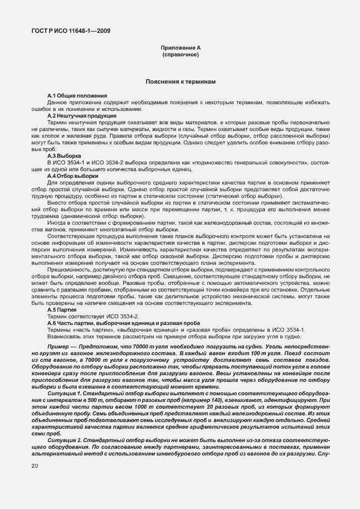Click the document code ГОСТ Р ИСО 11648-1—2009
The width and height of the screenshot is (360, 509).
pos(70,31)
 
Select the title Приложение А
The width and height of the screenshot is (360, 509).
pos(180,49)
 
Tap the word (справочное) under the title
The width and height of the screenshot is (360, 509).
pos(180,56)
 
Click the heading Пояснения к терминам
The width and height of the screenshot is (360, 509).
pos(180,82)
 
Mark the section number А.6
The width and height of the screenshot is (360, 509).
pos(52,323)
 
